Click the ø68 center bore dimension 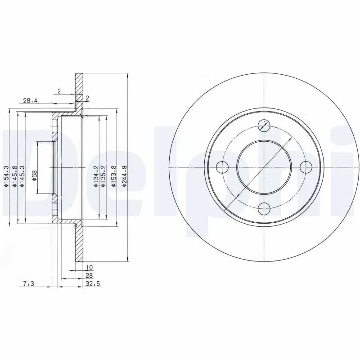coord(34,176)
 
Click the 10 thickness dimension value coord(89,267)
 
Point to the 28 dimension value coord(89,275)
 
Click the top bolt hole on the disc coord(264,125)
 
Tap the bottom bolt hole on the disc coord(264,207)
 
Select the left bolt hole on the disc coord(222,166)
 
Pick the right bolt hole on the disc coord(306,166)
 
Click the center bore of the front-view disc coord(264,166)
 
